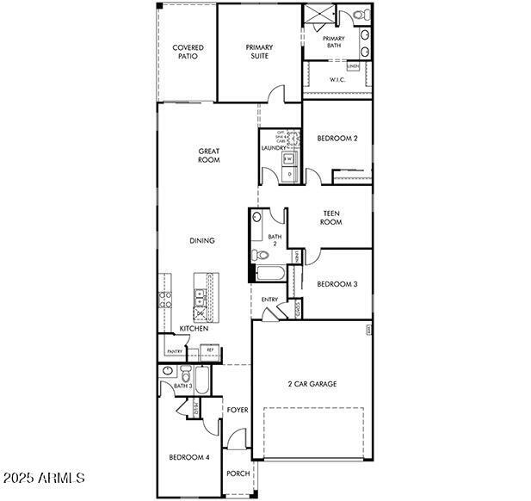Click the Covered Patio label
pyautogui.click(x=188, y=52)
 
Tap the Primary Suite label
pyautogui.click(x=259, y=52)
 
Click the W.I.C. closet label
pyautogui.click(x=338, y=80)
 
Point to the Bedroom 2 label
pyautogui.click(x=337, y=138)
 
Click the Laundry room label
pyautogui.click(x=274, y=148)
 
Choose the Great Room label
pyautogui.click(x=208, y=155)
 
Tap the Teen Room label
pyautogui.click(x=332, y=218)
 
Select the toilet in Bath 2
pyautogui.click(x=259, y=254)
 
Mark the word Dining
pyautogui.click(x=202, y=241)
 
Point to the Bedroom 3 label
pyautogui.click(x=337, y=284)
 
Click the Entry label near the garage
pyautogui.click(x=269, y=300)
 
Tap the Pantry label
pyautogui.click(x=175, y=351)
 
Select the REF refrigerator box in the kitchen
pyautogui.click(x=210, y=350)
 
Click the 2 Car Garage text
pyautogui.click(x=312, y=384)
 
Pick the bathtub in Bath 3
pyautogui.click(x=201, y=380)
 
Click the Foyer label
pyautogui.click(x=238, y=410)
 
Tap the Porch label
pyautogui.click(x=238, y=473)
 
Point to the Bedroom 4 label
pyautogui.click(x=189, y=457)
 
